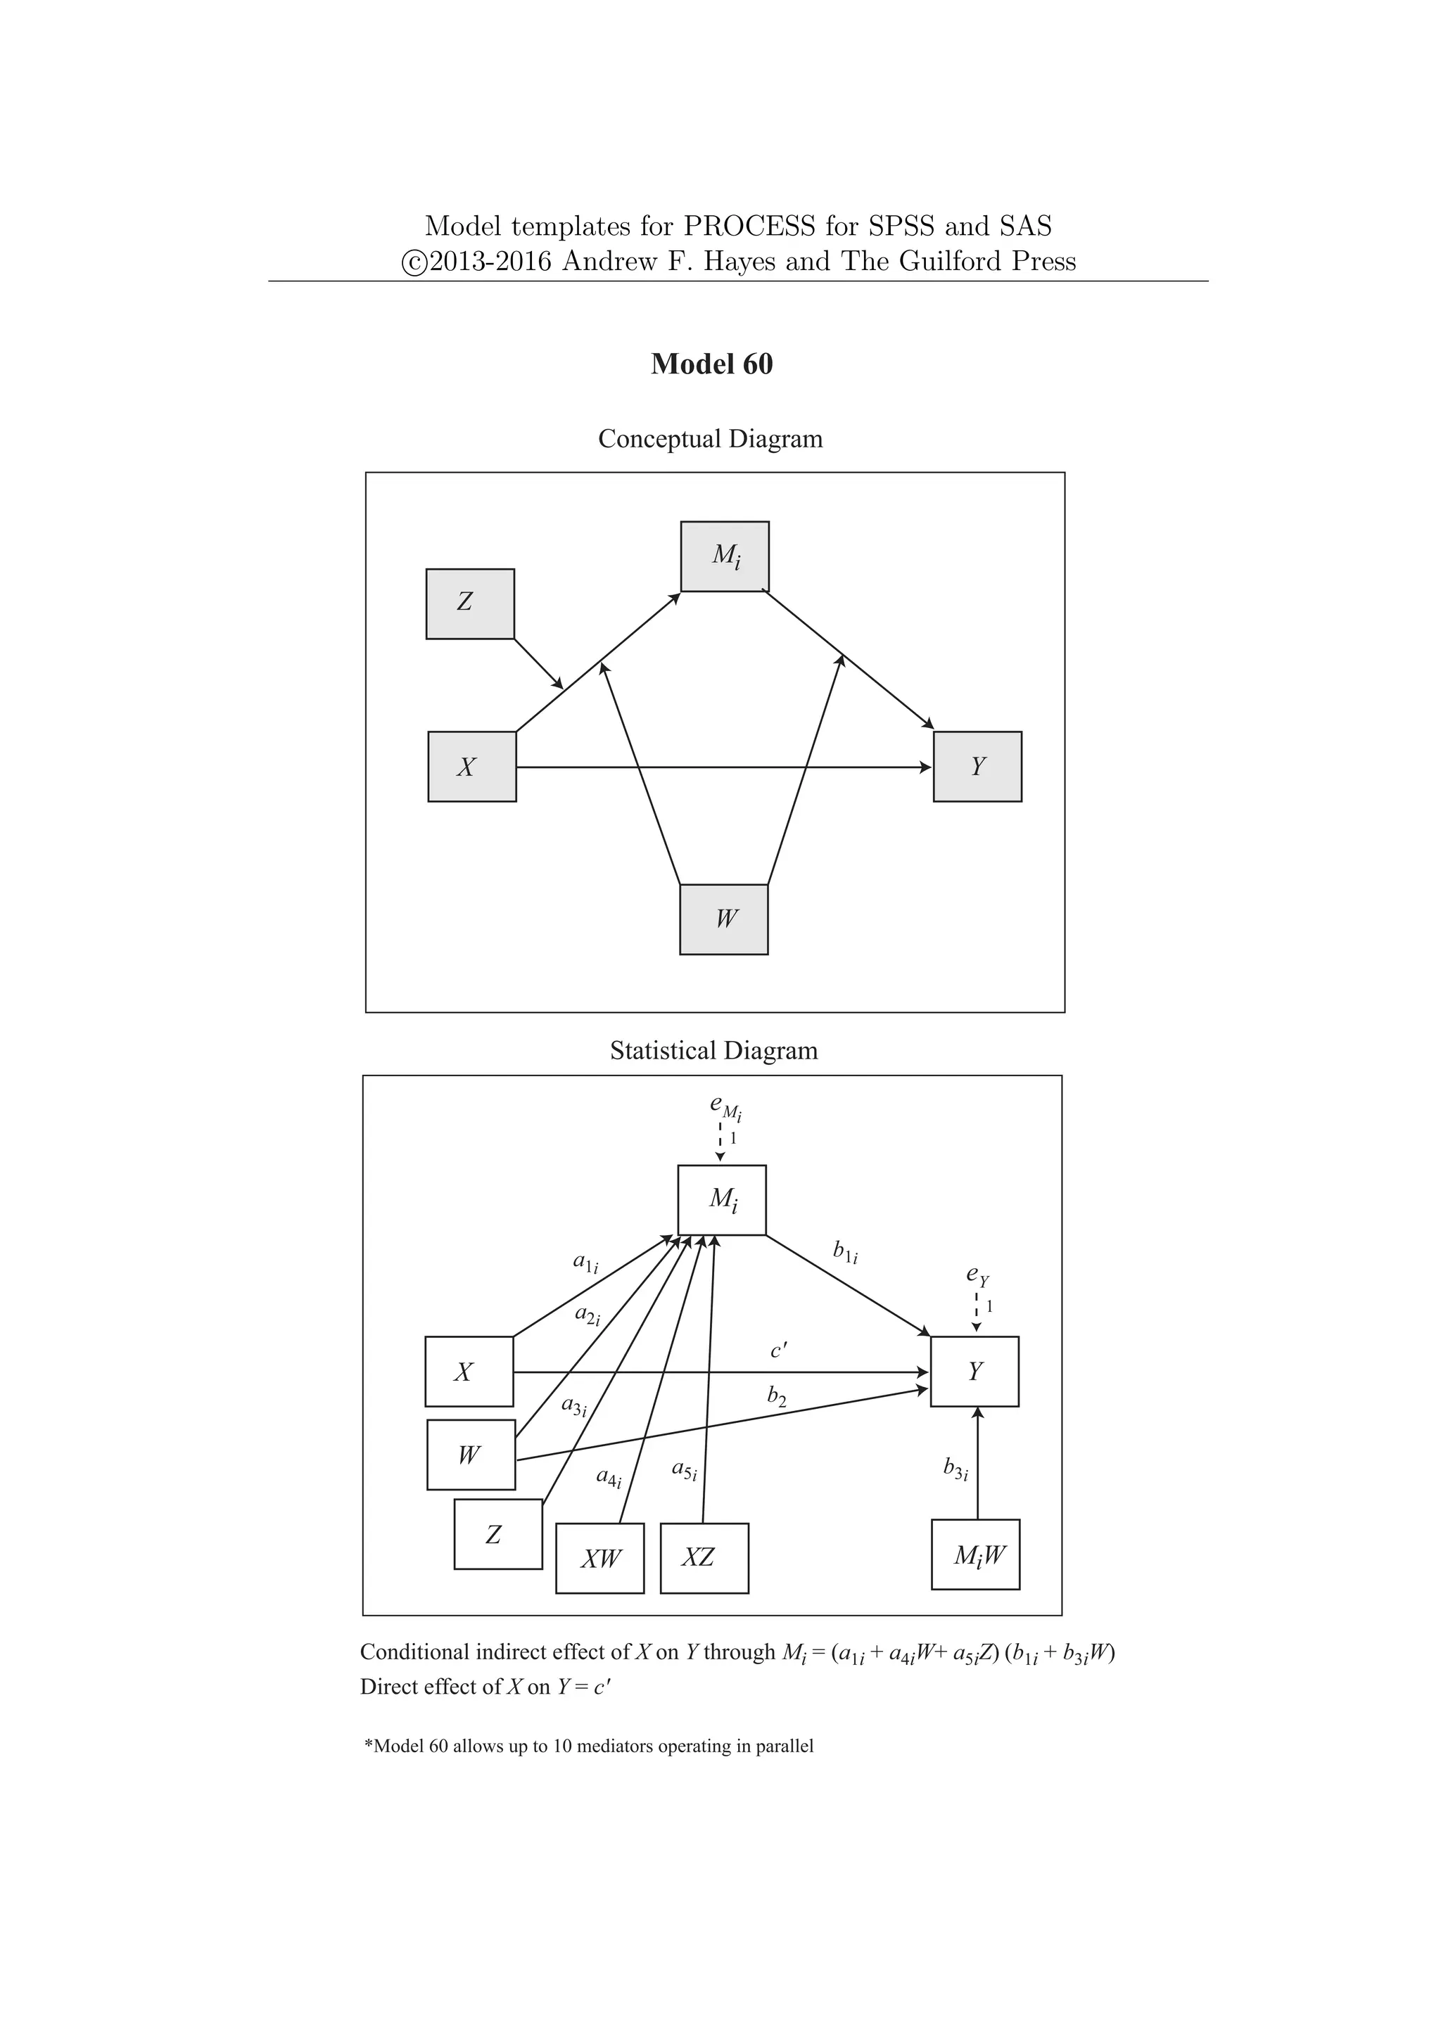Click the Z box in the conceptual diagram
point(470,604)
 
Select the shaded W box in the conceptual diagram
point(723,919)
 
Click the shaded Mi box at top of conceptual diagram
point(724,556)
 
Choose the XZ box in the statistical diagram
point(704,1558)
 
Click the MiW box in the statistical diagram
point(975,1554)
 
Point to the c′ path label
point(778,1351)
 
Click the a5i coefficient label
point(684,1471)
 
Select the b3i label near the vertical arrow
point(956,1469)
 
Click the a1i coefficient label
point(585,1263)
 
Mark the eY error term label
point(977,1276)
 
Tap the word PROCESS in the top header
point(748,226)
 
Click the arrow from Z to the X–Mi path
point(538,663)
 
